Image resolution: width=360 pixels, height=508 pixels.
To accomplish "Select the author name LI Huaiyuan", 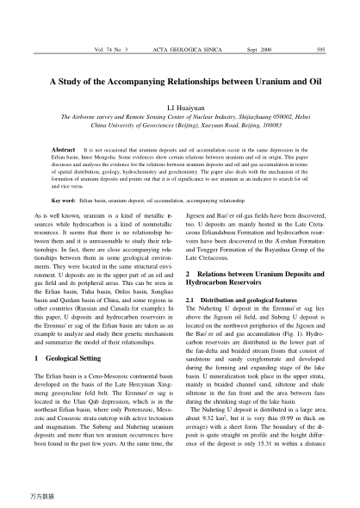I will tap(180, 110).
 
